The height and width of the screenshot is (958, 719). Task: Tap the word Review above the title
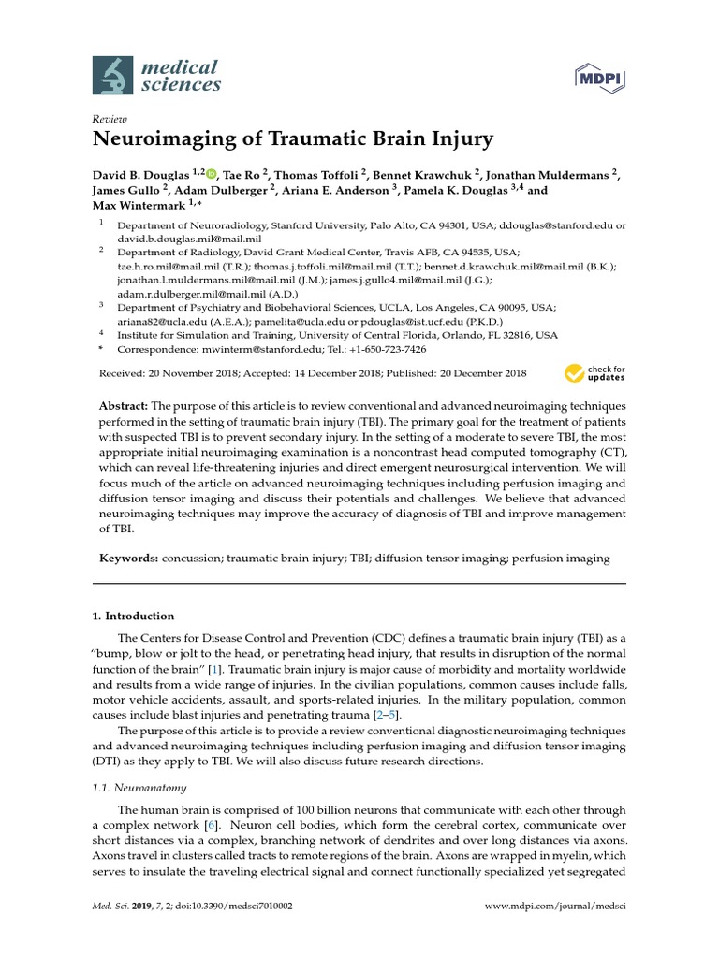coord(110,120)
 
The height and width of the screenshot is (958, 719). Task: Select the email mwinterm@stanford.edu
coord(241,349)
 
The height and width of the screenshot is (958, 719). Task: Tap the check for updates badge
coord(594,374)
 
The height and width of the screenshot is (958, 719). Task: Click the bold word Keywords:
coord(128,559)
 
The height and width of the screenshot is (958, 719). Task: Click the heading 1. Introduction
coord(133,617)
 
